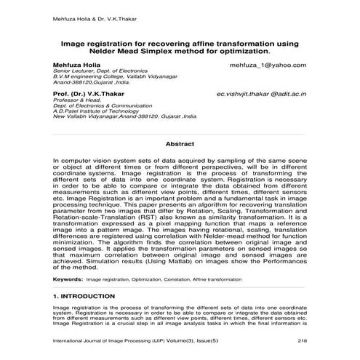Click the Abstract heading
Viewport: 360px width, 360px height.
point(180,144)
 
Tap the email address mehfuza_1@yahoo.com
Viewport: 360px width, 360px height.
point(268,65)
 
